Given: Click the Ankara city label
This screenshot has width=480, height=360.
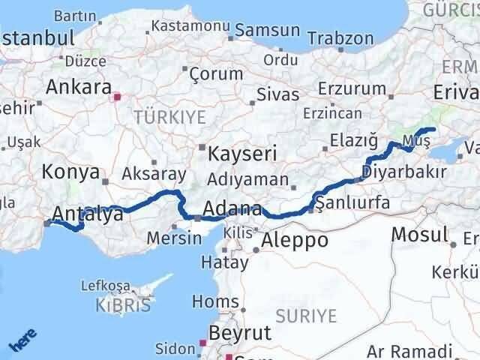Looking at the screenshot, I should (78, 86).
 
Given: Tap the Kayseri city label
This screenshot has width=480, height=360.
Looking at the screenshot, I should (242, 154).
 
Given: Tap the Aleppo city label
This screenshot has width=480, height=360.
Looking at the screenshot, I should (294, 240).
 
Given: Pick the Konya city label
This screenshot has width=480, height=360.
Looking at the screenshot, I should (71, 172).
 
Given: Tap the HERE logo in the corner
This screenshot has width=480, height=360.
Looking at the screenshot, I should (22, 340).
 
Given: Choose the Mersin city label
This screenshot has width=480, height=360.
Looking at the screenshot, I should (175, 238).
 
